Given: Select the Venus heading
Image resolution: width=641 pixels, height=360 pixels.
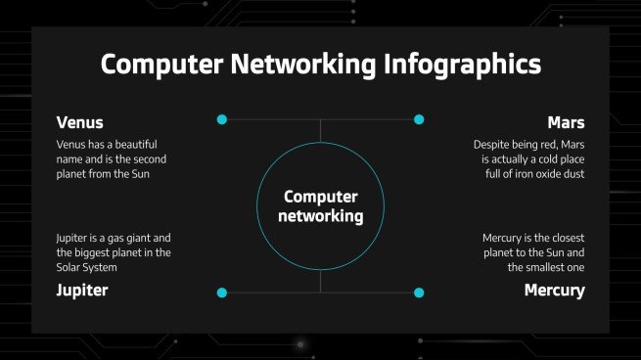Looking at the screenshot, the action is [x=80, y=122].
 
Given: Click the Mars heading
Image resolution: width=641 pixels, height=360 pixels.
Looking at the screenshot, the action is [x=566, y=122].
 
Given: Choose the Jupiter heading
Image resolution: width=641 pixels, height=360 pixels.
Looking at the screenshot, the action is [x=82, y=290].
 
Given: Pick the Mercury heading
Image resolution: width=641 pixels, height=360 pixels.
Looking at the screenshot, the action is [x=554, y=290].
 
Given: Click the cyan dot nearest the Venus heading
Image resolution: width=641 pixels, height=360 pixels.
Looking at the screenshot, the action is [x=221, y=119].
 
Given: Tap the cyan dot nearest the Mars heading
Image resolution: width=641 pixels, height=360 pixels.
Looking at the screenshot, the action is [x=419, y=119].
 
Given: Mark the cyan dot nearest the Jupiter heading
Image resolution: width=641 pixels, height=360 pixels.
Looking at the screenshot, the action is [x=221, y=292].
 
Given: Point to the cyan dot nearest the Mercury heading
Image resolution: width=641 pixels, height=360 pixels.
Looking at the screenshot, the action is [x=419, y=292].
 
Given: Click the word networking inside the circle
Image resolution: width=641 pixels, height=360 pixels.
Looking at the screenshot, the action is [x=320, y=215].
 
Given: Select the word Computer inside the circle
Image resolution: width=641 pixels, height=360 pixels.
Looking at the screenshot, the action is [x=320, y=196].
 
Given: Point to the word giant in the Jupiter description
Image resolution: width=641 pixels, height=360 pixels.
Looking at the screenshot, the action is [x=133, y=238].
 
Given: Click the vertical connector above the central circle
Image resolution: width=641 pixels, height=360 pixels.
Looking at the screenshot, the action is [x=320, y=132].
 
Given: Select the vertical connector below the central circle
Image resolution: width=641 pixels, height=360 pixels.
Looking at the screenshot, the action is [x=320, y=281].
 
